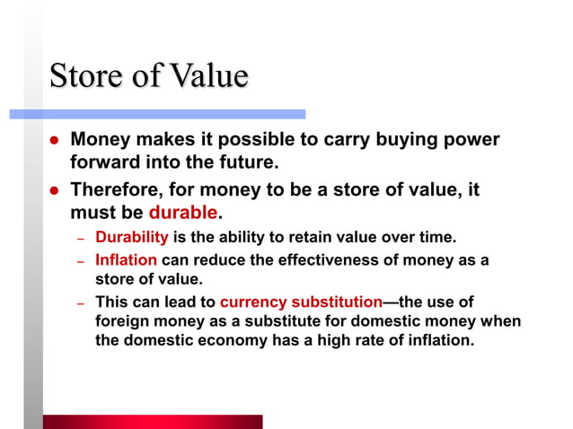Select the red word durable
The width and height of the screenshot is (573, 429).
(183, 214)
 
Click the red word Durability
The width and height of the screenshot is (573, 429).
(132, 238)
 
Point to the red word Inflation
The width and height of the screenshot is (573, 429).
(127, 260)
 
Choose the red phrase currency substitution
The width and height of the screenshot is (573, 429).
(301, 302)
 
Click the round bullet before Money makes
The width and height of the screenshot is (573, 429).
(53, 142)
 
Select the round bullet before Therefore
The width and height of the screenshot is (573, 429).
(53, 191)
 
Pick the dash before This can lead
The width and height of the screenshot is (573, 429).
(79, 303)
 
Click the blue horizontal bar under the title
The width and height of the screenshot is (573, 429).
(157, 114)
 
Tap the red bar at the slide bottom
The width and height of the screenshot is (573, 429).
(153, 422)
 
